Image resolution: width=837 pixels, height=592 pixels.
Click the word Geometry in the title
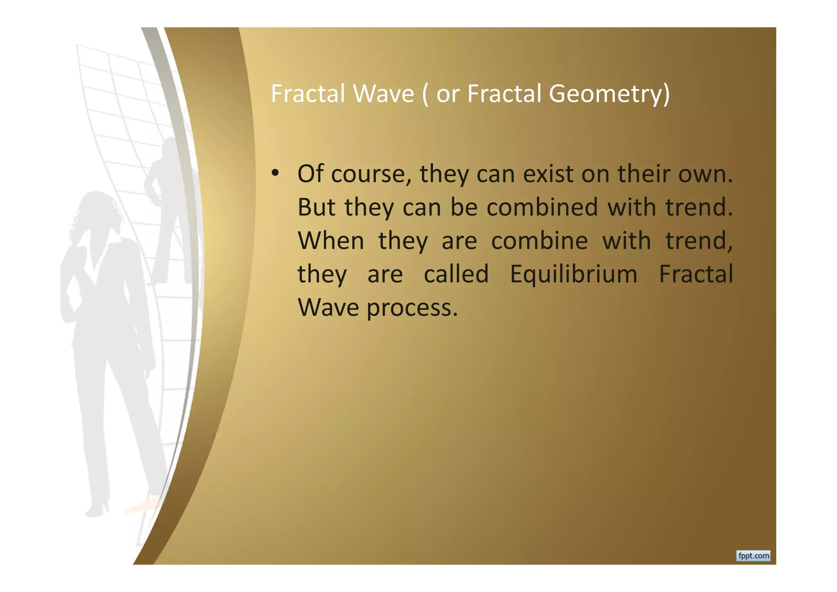click(609, 94)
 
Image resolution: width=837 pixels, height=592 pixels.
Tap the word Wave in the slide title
click(383, 94)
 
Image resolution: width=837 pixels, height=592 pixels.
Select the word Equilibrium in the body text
click(573, 274)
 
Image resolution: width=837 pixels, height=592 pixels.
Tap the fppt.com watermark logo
click(753, 556)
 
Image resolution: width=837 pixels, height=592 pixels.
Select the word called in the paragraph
click(456, 274)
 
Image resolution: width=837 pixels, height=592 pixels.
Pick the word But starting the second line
click(317, 207)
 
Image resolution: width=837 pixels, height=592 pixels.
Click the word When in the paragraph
click(331, 241)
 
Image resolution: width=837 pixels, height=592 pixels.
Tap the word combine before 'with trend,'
click(539, 241)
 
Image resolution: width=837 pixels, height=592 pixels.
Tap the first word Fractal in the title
click(308, 94)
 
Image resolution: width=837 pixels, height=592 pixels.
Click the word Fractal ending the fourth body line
click(696, 274)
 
